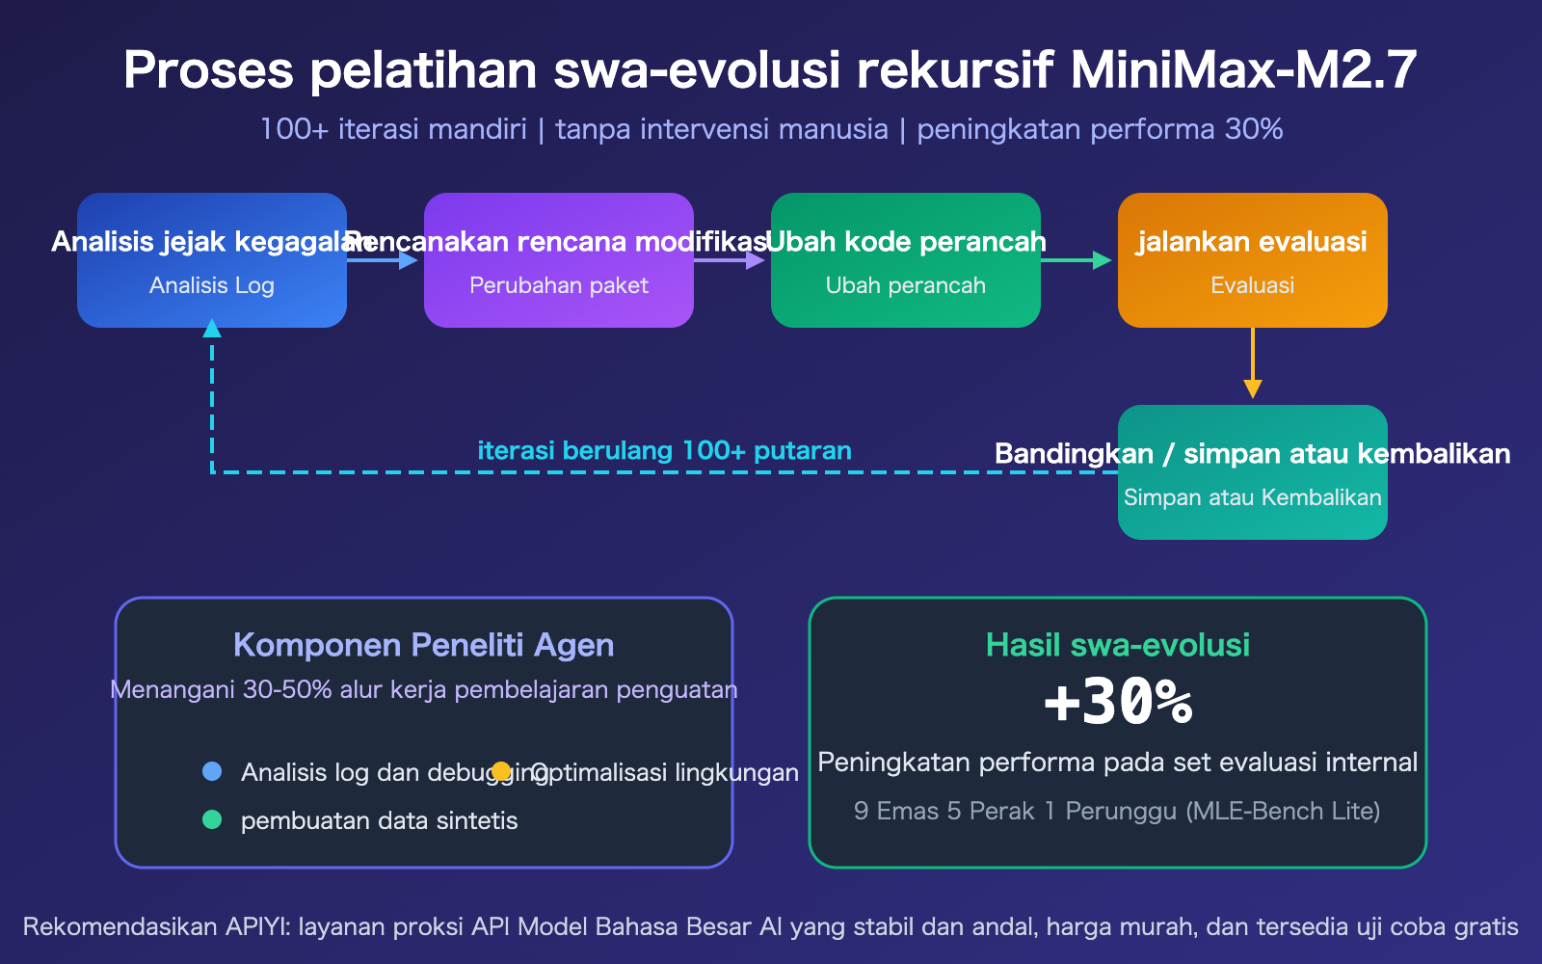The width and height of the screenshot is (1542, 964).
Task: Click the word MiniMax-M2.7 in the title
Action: (x=1243, y=70)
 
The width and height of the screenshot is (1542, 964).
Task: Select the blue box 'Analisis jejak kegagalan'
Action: (x=212, y=260)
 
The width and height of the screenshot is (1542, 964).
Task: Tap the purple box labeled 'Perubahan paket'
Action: (x=559, y=260)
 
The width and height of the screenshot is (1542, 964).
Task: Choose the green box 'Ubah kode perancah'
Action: (x=906, y=260)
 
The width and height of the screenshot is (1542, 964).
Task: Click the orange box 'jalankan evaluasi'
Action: (x=1253, y=260)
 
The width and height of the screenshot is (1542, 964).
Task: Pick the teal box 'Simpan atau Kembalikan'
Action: (x=1253, y=472)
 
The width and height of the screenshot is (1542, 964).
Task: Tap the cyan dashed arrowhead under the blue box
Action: (x=212, y=329)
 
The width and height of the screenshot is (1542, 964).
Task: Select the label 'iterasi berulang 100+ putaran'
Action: (x=664, y=450)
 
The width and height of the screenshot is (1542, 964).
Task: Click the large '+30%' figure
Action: (x=1118, y=703)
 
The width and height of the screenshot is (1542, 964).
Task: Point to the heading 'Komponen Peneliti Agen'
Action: (x=424, y=645)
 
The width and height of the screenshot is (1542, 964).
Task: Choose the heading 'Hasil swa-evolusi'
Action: (x=1118, y=645)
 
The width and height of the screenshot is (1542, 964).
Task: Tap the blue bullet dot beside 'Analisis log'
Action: (x=212, y=771)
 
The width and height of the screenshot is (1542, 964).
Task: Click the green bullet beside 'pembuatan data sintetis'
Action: (x=212, y=819)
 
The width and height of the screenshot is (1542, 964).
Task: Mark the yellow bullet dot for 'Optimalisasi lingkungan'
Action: (x=501, y=771)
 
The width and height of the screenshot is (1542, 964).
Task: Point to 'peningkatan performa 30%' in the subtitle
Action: (x=1100, y=129)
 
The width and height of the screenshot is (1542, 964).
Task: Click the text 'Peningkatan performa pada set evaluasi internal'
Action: (x=1118, y=763)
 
